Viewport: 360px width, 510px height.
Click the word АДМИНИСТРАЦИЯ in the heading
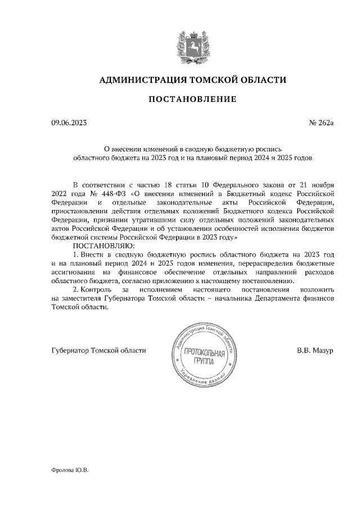(138, 80)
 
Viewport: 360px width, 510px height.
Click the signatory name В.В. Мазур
(316, 350)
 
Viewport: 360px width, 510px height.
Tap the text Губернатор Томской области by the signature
(98, 350)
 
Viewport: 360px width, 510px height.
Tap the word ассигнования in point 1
(71, 273)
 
